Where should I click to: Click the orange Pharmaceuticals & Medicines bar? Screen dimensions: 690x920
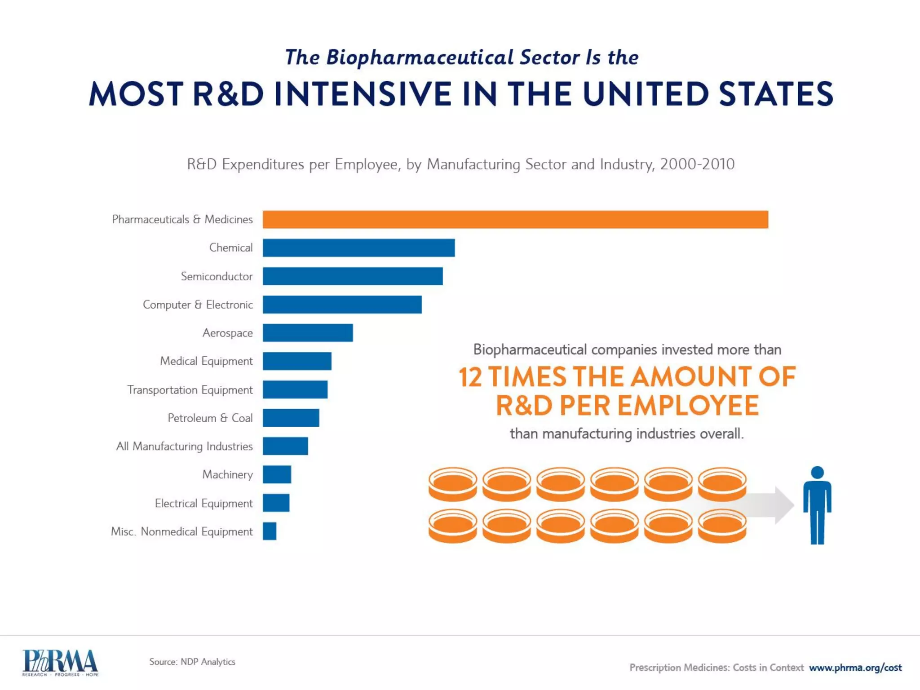pos(515,220)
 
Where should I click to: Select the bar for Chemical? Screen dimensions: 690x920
pos(358,248)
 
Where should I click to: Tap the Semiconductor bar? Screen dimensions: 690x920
pos(353,276)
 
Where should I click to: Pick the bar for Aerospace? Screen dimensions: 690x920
pos(308,333)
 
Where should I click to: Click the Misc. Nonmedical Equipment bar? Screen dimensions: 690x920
pos(270,531)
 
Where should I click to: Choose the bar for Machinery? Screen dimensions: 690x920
pos(277,474)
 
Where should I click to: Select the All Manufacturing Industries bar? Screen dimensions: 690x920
pos(285,446)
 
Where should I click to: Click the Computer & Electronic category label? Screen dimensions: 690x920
pos(198,305)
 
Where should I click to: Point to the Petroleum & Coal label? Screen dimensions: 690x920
pos(210,418)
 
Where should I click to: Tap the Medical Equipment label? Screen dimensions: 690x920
pos(206,361)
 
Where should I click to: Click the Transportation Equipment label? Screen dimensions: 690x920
pos(190,390)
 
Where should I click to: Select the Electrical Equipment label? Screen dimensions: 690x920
pos(203,503)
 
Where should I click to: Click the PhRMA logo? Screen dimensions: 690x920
pos(60,663)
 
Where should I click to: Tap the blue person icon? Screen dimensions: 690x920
pos(817,508)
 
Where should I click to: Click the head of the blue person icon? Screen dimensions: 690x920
pos(817,472)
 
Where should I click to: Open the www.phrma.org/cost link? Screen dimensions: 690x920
pos(855,668)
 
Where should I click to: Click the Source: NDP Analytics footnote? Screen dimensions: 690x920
pos(192,662)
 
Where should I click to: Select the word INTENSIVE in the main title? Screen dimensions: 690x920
pos(363,94)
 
